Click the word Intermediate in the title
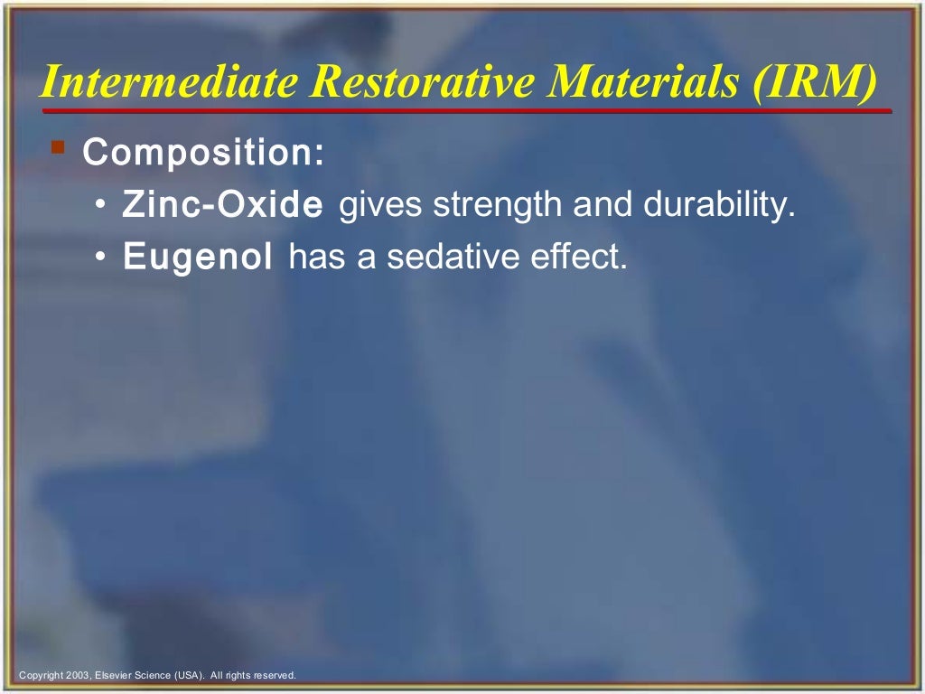click(169, 83)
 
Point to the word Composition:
click(203, 153)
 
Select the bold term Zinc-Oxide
click(222, 206)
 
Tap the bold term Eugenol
click(198, 258)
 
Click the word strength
click(497, 205)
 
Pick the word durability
click(718, 205)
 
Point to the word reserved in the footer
click(275, 675)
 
